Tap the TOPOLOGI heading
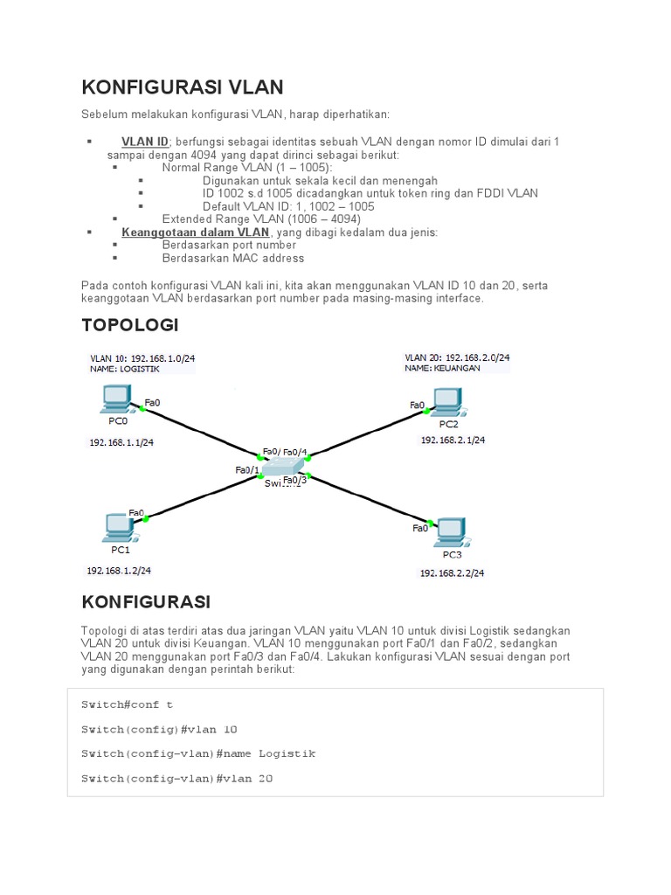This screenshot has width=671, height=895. [x=129, y=325]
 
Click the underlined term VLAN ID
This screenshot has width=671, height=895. [x=145, y=142]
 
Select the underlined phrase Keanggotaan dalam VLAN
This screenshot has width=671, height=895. [x=196, y=232]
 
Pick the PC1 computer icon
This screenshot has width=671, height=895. [x=117, y=526]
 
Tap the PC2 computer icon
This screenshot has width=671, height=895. [x=447, y=400]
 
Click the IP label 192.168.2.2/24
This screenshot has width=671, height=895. [x=452, y=573]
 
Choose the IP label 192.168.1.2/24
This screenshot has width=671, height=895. [x=119, y=571]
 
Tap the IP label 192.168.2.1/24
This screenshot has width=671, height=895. [x=453, y=441]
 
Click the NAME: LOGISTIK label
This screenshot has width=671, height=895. [x=125, y=369]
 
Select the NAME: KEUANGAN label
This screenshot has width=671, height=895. [x=442, y=369]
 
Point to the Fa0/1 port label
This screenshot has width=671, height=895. [x=247, y=470]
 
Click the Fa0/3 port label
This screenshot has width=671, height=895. [x=295, y=479]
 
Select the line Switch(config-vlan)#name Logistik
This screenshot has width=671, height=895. [x=198, y=753]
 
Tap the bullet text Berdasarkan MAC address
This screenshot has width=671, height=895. [x=233, y=258]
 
